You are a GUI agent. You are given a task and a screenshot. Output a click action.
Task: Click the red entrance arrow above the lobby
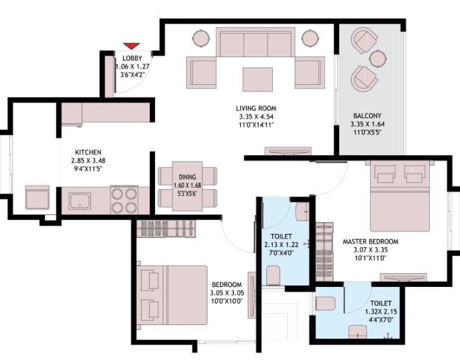(131, 46)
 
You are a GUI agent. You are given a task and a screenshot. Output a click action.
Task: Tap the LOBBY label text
(131, 58)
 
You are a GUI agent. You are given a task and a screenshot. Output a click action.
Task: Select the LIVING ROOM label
(256, 108)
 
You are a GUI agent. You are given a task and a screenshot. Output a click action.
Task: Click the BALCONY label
(367, 115)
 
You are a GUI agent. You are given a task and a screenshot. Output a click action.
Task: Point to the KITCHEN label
(88, 152)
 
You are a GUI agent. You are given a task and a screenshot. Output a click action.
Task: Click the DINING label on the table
(179, 177)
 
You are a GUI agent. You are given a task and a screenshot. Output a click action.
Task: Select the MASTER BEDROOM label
(370, 242)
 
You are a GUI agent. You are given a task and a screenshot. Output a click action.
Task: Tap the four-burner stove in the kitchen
(124, 200)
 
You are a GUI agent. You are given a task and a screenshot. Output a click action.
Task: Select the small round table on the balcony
(378, 58)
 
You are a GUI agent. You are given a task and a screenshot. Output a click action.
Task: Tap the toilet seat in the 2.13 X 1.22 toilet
(274, 274)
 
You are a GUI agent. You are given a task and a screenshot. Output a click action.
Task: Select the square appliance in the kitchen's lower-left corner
(37, 197)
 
